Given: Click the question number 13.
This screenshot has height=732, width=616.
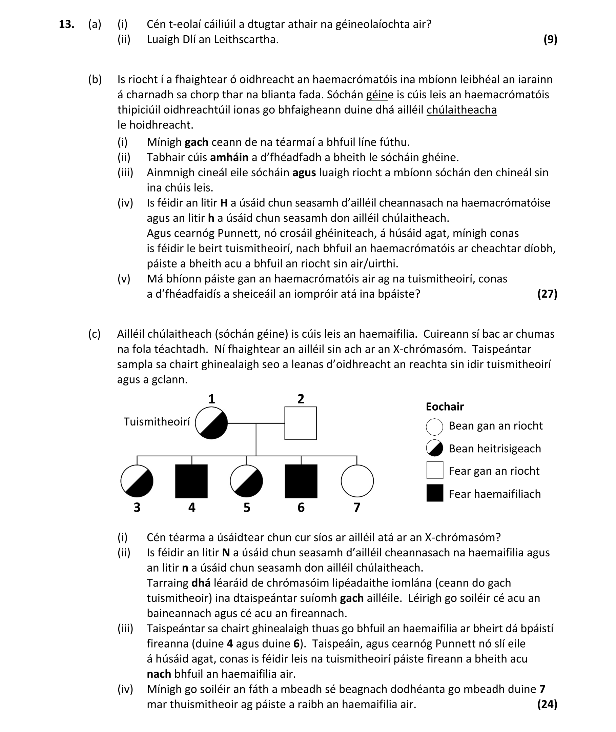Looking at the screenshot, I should [x=66, y=24].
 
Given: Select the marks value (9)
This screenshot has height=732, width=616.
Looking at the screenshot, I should [x=550, y=39].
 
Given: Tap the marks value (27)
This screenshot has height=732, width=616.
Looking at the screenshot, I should [x=547, y=294].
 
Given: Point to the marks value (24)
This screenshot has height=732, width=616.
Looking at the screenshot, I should [x=547, y=704].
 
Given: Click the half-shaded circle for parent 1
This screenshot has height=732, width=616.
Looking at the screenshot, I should [x=211, y=423].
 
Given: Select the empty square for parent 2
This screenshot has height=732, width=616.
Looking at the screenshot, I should [x=300, y=423].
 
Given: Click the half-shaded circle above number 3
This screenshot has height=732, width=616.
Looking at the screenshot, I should [x=137, y=481].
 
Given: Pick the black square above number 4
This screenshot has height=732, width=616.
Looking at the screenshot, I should [x=191, y=481].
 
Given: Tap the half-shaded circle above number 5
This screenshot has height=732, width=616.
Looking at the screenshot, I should [x=247, y=481].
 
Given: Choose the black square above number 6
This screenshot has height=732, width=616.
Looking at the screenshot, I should [x=301, y=481].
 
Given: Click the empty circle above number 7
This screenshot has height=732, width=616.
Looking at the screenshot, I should [x=357, y=481].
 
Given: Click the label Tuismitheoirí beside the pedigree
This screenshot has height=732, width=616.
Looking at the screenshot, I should [x=157, y=422].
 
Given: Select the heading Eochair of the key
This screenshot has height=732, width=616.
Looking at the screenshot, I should [x=445, y=407].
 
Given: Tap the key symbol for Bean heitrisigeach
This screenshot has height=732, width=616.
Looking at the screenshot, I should [x=434, y=448].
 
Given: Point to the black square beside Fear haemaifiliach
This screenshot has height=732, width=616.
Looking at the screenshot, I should [x=435, y=493].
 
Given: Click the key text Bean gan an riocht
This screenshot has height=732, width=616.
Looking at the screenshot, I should [x=495, y=426].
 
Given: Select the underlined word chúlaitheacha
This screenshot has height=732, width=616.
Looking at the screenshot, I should [x=461, y=110].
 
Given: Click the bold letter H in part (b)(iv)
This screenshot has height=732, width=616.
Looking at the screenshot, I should [x=224, y=203].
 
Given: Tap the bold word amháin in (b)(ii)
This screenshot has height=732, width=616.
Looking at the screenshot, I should [x=229, y=158].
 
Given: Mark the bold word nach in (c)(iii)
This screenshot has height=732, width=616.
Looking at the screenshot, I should [x=159, y=674].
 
